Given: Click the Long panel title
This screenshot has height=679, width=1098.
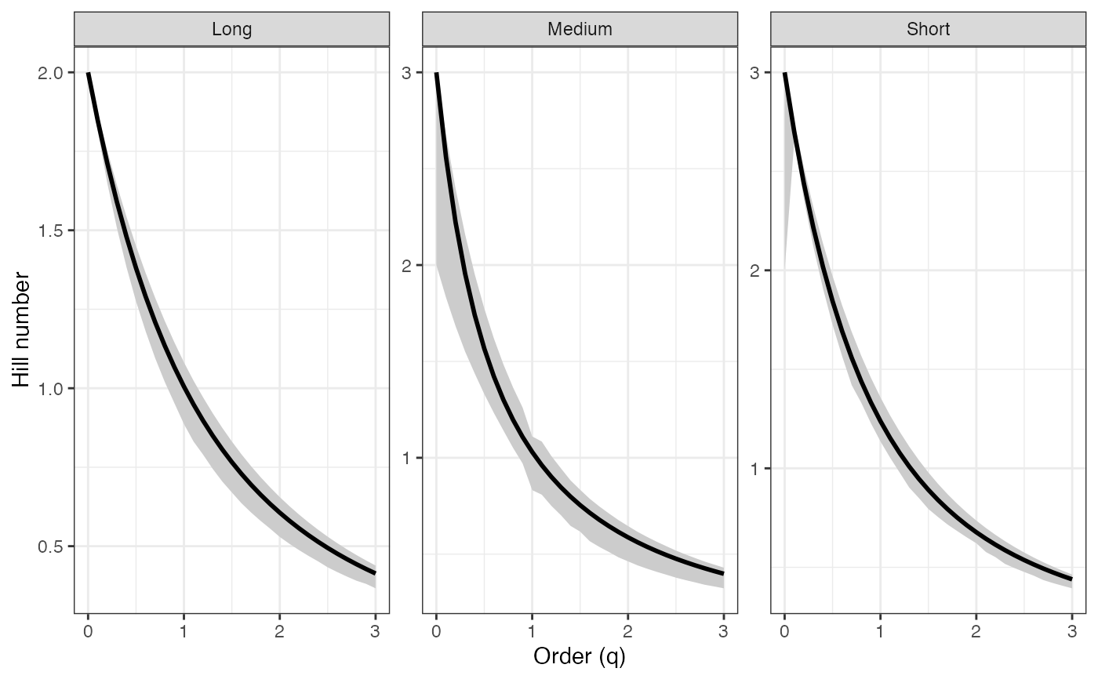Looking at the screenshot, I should (x=231, y=30).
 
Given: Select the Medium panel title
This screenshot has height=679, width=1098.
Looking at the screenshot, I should (x=580, y=30).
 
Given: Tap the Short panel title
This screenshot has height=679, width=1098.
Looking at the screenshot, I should (x=928, y=30).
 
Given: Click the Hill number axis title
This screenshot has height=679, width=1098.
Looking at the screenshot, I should (x=22, y=329).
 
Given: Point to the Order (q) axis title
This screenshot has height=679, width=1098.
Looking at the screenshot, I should (x=580, y=656).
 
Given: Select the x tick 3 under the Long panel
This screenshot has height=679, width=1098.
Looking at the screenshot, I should (x=375, y=630).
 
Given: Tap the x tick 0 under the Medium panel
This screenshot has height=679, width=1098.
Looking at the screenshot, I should (x=436, y=630).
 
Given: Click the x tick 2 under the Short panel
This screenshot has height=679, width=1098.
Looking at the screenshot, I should (x=976, y=630).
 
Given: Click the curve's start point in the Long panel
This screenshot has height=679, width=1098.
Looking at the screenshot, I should (x=88, y=73).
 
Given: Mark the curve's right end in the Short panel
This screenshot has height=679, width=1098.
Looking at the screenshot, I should (x=1071, y=579).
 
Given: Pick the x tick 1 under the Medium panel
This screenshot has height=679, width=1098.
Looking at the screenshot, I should (x=532, y=630).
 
